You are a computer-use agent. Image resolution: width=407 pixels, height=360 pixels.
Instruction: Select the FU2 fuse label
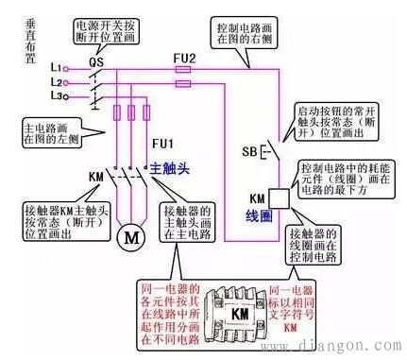185,58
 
